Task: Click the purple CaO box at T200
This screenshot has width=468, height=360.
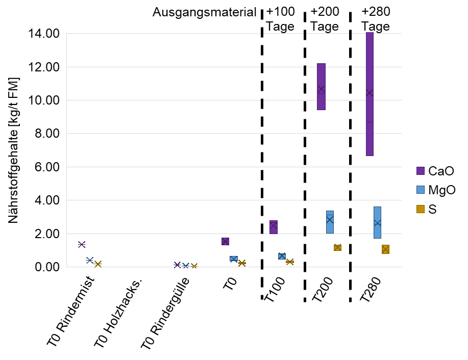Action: (x=321, y=86)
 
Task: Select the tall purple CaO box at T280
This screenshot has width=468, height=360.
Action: (x=370, y=94)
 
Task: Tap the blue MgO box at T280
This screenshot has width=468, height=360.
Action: (x=377, y=222)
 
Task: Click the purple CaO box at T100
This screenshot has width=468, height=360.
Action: (x=274, y=227)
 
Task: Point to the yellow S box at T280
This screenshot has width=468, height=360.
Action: (x=385, y=249)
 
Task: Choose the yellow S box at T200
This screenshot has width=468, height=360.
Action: (x=337, y=247)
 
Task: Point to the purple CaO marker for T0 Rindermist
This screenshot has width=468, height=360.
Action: (x=82, y=244)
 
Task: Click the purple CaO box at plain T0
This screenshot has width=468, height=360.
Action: (x=225, y=241)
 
